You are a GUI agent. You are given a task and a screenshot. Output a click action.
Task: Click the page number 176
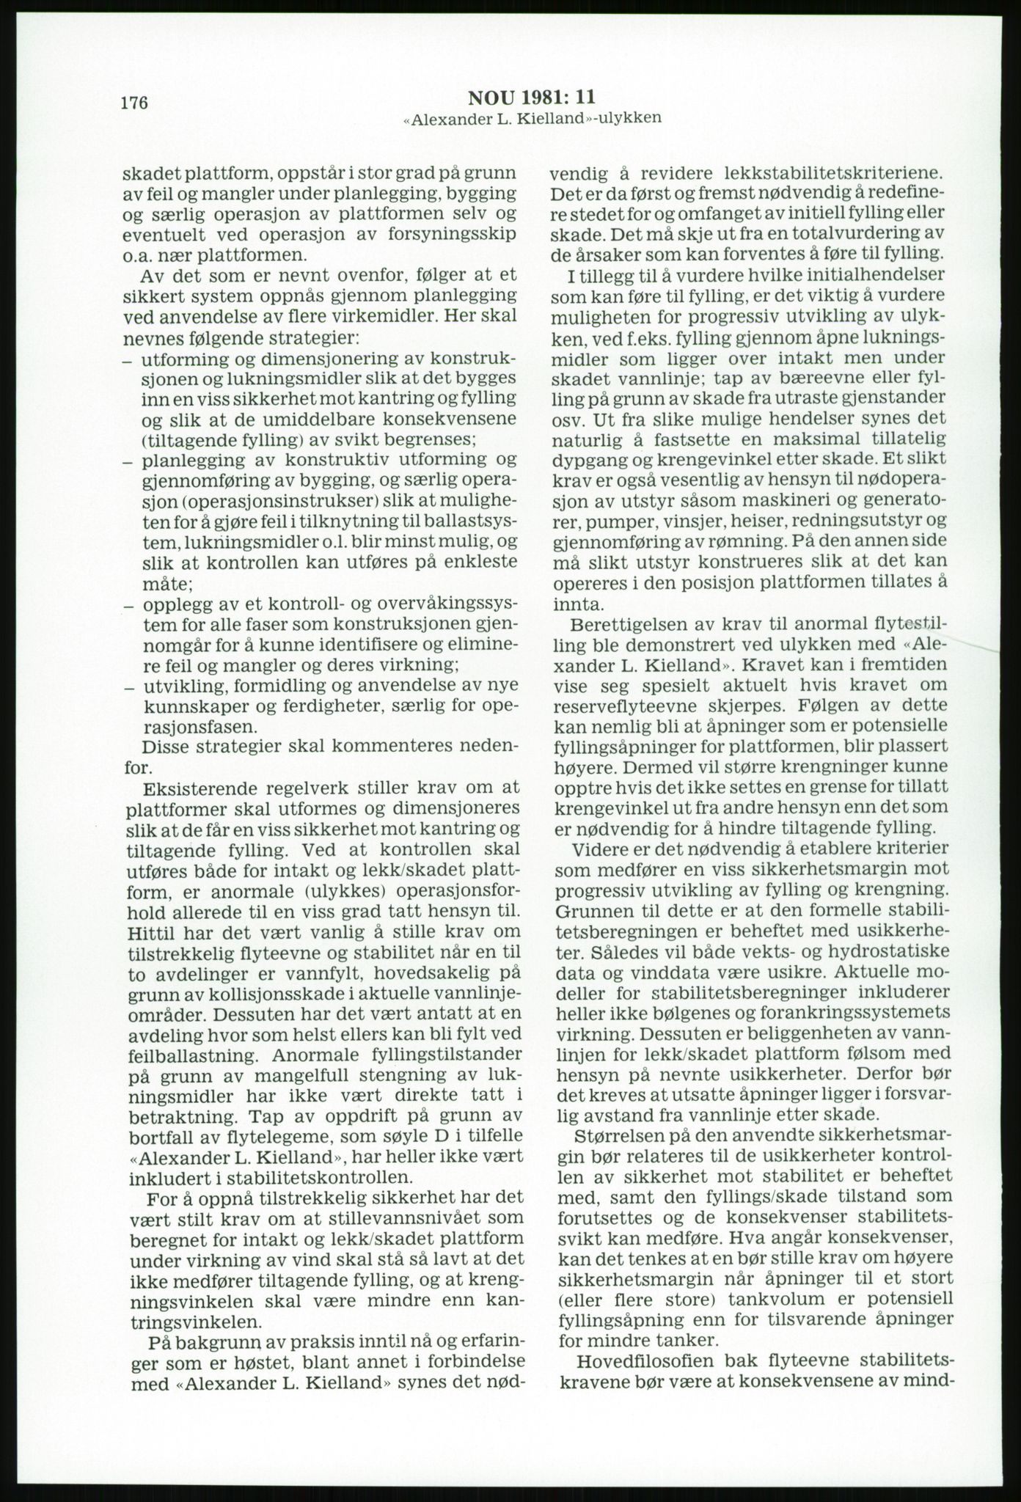135,103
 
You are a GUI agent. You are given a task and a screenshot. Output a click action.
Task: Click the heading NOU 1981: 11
532,98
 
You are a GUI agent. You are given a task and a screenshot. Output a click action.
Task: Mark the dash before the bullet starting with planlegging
127,462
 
